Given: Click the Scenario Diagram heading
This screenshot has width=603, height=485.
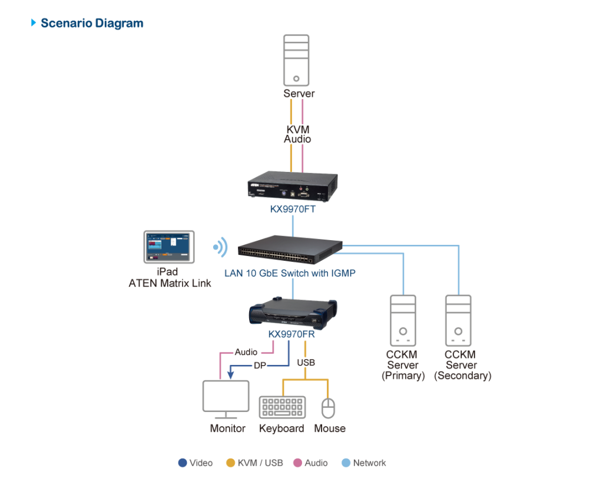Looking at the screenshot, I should point(91,24).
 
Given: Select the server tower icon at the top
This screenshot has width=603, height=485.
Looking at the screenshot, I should point(297,61).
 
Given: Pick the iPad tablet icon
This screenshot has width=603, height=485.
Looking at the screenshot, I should point(169,246).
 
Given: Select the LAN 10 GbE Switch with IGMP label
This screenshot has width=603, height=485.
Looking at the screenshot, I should point(290,273).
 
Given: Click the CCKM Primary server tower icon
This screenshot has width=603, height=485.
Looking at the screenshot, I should point(403,320).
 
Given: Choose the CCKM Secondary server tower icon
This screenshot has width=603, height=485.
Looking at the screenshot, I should point(458,320).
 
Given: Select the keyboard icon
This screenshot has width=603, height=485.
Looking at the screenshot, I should point(282,407).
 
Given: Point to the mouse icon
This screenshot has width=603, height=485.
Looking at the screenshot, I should point(329,407).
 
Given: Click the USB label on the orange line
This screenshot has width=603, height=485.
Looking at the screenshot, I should point(306,363).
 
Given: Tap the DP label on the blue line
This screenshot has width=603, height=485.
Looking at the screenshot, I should point(260,366).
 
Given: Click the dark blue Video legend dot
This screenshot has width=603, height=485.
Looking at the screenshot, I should point(183,463).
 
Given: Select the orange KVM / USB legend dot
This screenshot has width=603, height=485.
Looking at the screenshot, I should point(231,463).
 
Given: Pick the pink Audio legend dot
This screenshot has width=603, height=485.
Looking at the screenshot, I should point(298,463).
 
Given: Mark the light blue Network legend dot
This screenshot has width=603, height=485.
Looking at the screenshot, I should point(346,463).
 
